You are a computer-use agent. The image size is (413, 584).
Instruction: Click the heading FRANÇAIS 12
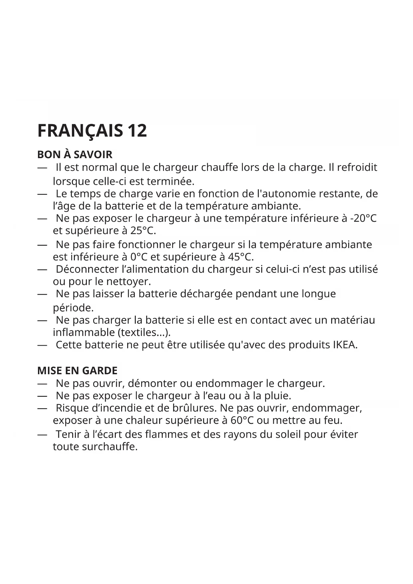pyautogui.click(x=92, y=130)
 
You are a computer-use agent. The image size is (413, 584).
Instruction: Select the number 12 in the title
pyautogui.click(x=137, y=130)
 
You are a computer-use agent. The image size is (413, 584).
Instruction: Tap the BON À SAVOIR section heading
pyautogui.click(x=75, y=154)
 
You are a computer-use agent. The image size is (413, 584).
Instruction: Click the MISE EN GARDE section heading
pyautogui.click(x=77, y=371)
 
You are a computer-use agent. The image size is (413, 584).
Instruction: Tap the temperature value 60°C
pyautogui.click(x=242, y=421)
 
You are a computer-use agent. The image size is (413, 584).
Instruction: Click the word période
pyautogui.click(x=73, y=307)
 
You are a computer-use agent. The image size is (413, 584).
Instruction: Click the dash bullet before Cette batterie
pyautogui.click(x=42, y=345)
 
